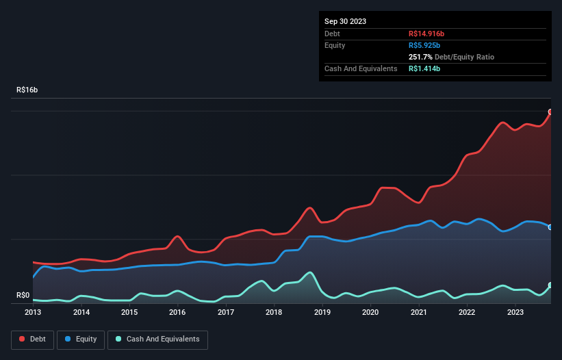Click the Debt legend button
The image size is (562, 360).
(31, 339)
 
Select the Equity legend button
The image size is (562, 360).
(81, 339)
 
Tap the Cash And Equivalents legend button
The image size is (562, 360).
(157, 339)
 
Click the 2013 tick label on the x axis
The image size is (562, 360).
(33, 312)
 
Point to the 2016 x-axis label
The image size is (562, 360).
(177, 312)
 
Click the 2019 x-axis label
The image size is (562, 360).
(322, 312)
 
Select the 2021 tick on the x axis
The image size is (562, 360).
(418, 312)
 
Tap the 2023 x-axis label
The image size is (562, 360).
(514, 312)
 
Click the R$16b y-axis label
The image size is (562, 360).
(27, 90)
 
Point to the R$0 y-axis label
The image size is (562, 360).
(23, 295)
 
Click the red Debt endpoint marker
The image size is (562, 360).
(550, 112)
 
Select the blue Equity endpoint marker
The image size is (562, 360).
(550, 227)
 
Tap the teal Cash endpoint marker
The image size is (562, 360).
(550, 285)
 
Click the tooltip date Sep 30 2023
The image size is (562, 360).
(345, 21)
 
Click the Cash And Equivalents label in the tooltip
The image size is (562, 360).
(361, 68)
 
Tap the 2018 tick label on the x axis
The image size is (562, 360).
(274, 312)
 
